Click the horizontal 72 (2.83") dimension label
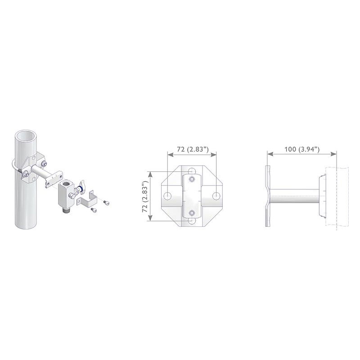193,149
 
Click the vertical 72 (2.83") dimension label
145,196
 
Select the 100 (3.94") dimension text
302,149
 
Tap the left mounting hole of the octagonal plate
167,196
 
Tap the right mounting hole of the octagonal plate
216,196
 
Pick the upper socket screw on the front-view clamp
192,179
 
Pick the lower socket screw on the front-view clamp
192,213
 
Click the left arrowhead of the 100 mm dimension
270,154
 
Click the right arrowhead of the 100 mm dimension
333,154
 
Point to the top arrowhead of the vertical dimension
151,175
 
